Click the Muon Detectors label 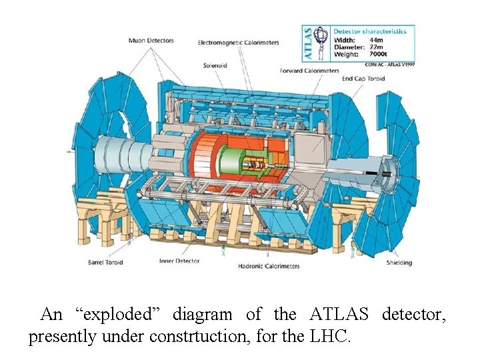[151, 41]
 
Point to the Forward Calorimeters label [309, 71]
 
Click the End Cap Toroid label [364, 79]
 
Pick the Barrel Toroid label [105, 263]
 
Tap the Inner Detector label [179, 261]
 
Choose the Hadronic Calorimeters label [269, 266]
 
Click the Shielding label [399, 263]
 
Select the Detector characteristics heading [369, 31]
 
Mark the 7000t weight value [376, 55]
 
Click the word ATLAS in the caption [340, 314]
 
